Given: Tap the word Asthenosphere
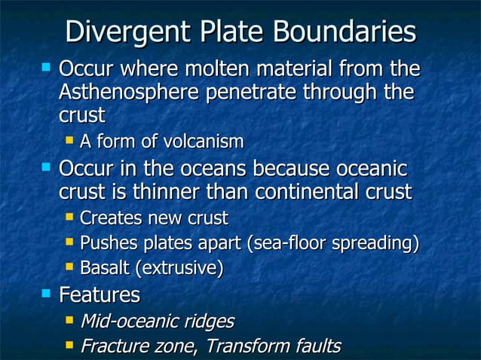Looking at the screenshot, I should coord(132,93).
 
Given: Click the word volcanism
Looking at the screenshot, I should coord(204,141).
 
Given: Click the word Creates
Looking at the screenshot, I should coord(107,218).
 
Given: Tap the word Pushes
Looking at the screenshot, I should coord(105,243).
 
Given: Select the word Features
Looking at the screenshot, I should coord(100,294).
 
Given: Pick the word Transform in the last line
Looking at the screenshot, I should coord(243,346).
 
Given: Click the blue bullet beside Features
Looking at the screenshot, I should coord(46,292).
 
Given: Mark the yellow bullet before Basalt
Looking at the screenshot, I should coord(69,266).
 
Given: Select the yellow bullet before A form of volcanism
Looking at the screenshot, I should coord(69,139).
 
